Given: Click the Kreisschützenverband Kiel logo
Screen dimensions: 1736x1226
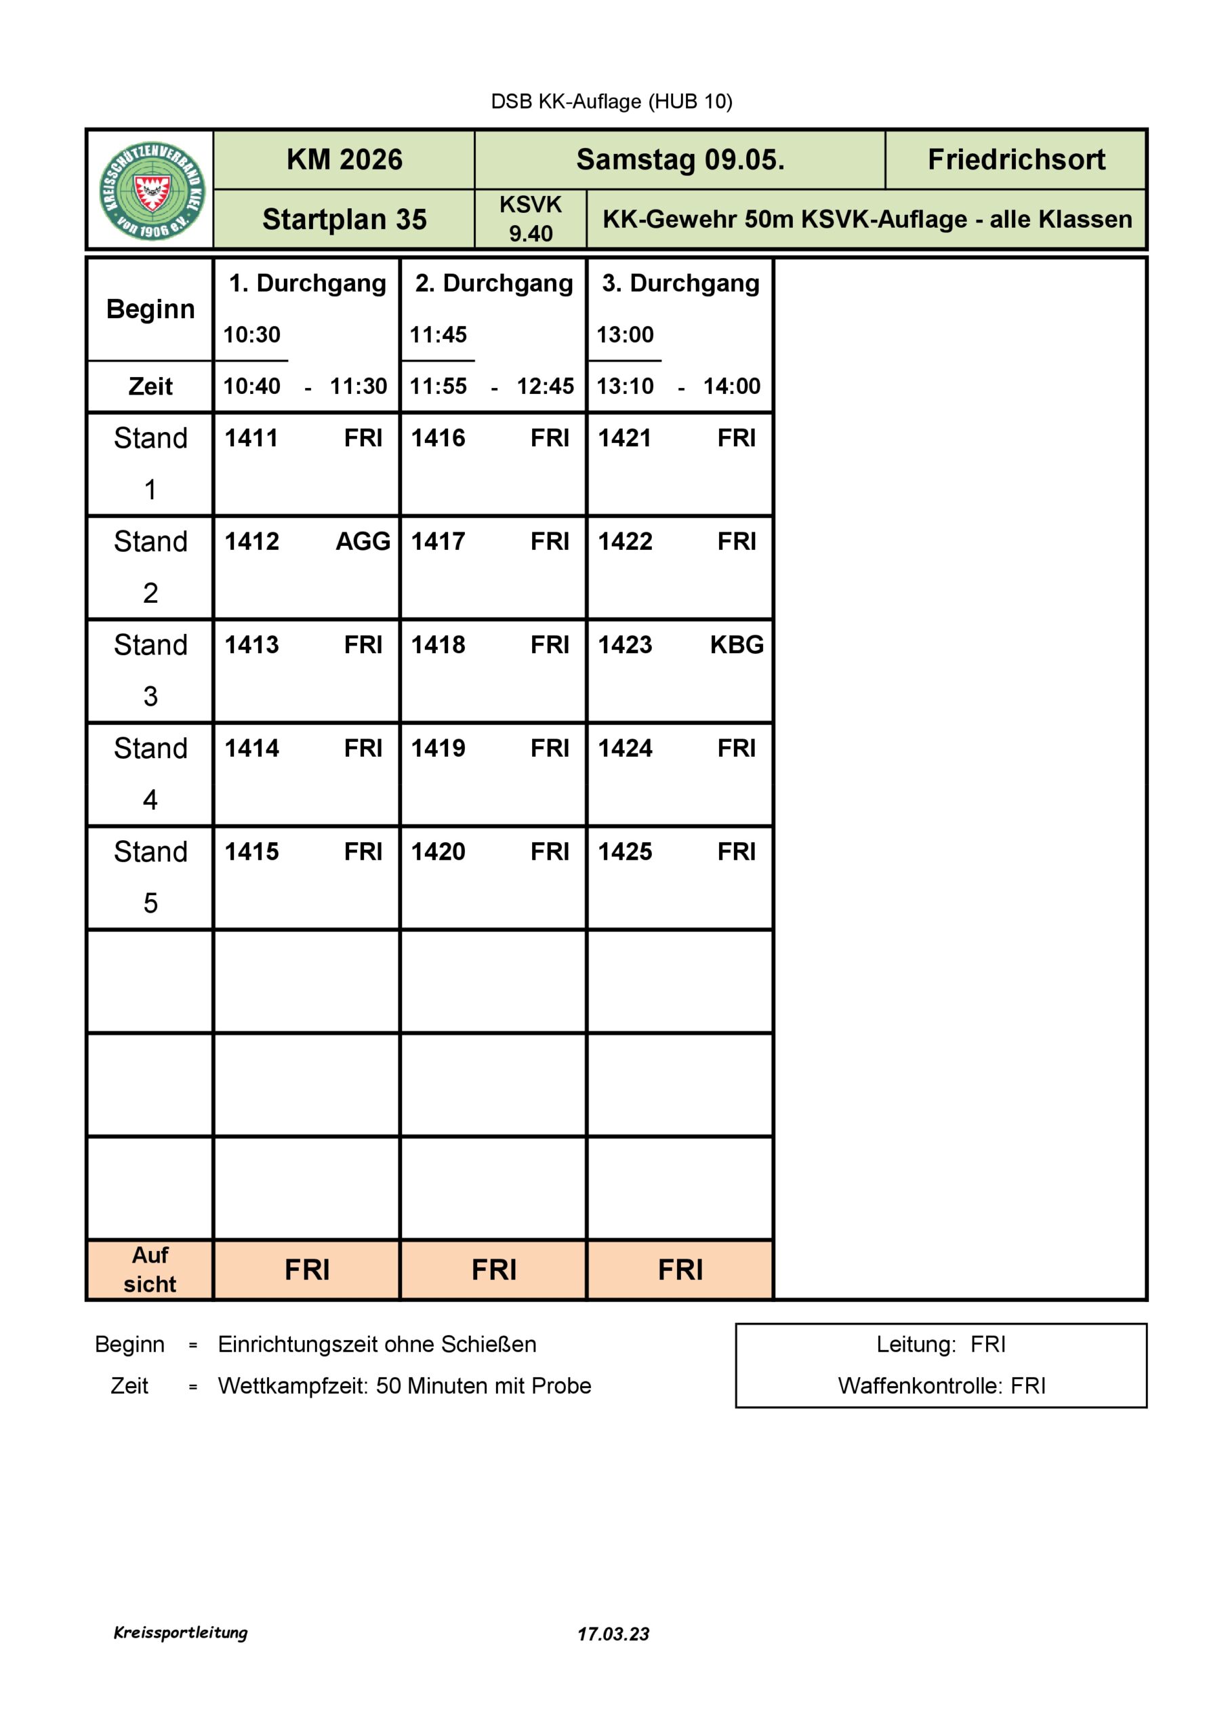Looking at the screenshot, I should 151,191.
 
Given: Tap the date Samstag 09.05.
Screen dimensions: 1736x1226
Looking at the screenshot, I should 680,159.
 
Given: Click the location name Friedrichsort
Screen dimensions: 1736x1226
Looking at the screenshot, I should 1015,159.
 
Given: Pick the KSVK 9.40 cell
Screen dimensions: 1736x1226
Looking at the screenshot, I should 530,219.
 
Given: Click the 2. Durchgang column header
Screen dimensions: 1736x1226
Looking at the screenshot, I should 493,283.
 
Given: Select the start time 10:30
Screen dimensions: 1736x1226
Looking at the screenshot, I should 251,334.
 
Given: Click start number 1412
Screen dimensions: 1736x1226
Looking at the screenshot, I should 251,541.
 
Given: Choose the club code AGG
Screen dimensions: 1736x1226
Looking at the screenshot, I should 363,541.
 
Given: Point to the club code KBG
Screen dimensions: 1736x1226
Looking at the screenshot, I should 736,645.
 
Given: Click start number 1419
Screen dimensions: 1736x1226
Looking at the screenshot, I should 438,749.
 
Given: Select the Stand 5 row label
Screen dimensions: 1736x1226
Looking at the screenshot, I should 150,877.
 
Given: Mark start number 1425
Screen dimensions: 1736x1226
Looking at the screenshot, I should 625,852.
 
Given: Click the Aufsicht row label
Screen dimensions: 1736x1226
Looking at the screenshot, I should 150,1270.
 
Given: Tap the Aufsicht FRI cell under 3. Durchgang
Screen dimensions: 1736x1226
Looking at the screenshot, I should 680,1270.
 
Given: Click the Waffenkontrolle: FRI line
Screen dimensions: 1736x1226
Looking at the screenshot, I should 941,1386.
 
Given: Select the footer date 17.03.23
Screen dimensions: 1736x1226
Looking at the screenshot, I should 613,1634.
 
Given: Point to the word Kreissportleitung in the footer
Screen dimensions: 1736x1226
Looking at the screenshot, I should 181,1632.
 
